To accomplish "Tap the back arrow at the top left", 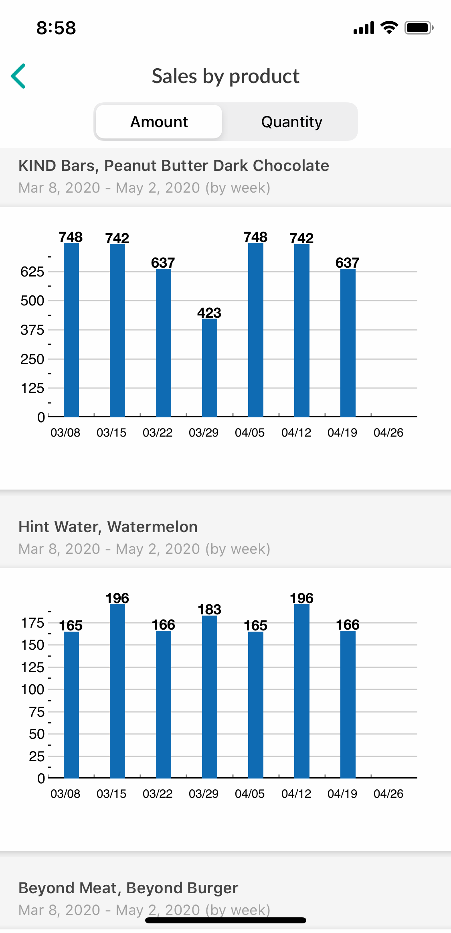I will [18, 76].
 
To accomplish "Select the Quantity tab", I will [291, 122].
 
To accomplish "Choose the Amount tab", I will [159, 122].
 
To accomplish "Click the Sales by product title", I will [225, 76].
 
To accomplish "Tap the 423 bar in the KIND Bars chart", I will [209, 367].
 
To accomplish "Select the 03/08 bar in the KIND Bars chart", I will [71, 329].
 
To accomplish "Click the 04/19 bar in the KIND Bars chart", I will [348, 343].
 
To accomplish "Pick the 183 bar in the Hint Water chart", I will [209, 696].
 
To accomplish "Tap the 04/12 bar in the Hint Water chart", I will [301, 690].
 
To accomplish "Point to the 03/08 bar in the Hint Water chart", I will [71, 704].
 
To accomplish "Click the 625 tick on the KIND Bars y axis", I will [32, 272].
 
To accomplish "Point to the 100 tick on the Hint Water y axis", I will [32, 689].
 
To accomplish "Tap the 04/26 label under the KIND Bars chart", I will [388, 433].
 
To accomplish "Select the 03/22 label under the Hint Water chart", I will [158, 794].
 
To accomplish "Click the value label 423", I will [209, 313].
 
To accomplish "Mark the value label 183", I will [209, 609].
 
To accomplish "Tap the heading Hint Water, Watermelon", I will [108, 526].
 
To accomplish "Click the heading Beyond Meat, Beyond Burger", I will [128, 888].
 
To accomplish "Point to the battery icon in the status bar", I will [419, 28].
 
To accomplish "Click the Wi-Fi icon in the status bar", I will [389, 28].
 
